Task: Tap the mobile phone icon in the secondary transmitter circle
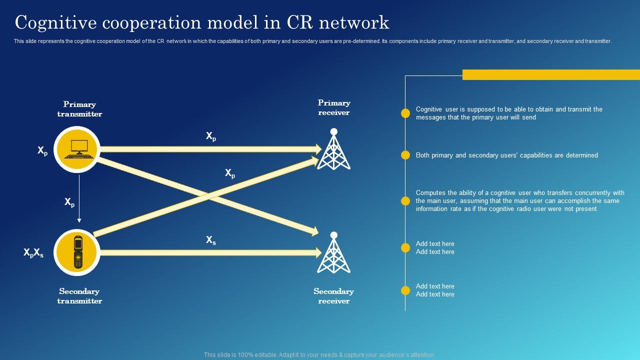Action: (x=77, y=252)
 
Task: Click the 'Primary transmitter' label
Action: (x=79, y=109)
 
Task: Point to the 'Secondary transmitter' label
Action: (x=79, y=296)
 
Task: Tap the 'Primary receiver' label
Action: (x=334, y=107)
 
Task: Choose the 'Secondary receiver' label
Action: (x=333, y=296)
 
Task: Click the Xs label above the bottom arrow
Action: (x=211, y=240)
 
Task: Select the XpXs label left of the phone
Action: (x=33, y=253)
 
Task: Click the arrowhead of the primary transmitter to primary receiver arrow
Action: (x=317, y=149)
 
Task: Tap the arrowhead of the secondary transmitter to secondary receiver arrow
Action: (x=317, y=252)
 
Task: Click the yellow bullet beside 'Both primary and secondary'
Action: (x=405, y=155)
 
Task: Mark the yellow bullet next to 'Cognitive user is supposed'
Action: (x=405, y=113)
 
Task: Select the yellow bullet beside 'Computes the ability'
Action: (x=405, y=201)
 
